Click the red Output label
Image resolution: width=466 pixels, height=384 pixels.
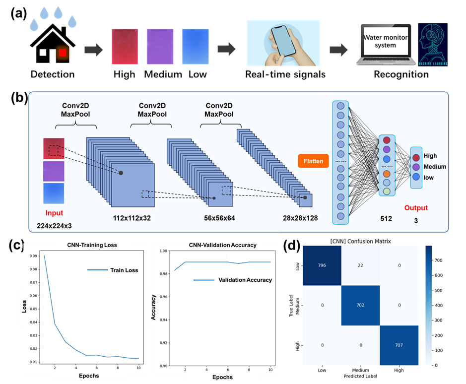pyautogui.click(x=415, y=208)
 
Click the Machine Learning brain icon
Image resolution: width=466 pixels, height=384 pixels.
pyautogui.click(x=433, y=44)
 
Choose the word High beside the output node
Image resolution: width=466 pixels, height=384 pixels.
pyautogui.click(x=430, y=156)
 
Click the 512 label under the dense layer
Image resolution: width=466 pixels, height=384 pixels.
pyautogui.click(x=386, y=218)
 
